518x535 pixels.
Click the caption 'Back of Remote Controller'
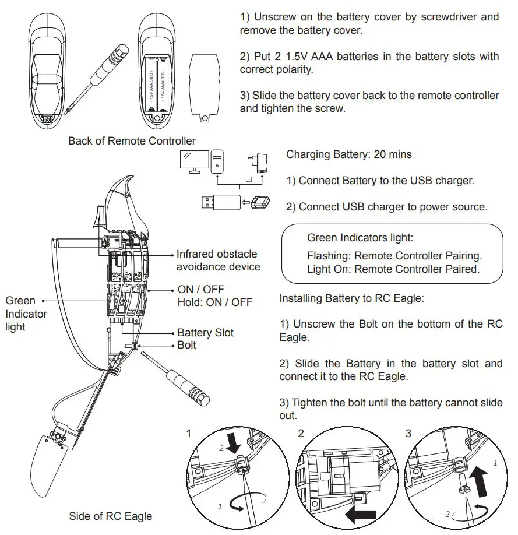[x=132, y=140]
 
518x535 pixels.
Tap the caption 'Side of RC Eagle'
[x=110, y=516]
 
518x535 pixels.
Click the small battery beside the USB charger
[x=260, y=203]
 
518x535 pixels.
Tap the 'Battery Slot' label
[x=205, y=333]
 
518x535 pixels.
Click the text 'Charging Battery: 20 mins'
[x=348, y=155]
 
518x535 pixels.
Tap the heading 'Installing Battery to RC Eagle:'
[x=351, y=298]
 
